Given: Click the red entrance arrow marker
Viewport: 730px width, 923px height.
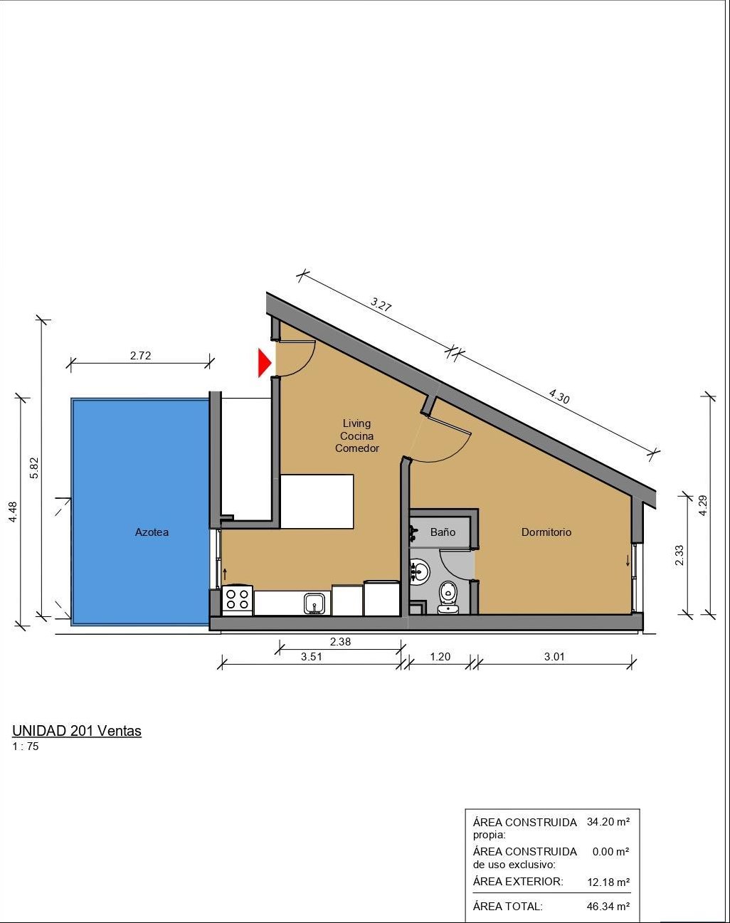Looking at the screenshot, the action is coord(264,363).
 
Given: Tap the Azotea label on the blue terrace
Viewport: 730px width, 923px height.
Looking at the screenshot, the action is coord(152,532).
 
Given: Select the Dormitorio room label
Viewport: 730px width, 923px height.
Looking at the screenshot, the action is coord(546,532).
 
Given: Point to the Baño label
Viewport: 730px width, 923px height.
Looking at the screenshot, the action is coord(443,532).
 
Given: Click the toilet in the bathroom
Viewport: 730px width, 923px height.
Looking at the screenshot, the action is coord(448,597).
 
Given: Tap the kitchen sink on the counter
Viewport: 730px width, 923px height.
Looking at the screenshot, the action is coord(314,604).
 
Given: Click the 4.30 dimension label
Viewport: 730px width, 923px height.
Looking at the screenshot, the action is coord(559,396).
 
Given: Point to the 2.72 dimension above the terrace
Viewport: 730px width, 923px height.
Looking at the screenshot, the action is coord(140,356).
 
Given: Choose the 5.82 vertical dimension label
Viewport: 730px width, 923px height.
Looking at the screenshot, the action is coord(34,468).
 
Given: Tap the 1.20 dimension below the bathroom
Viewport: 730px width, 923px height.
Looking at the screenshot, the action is coord(440,657).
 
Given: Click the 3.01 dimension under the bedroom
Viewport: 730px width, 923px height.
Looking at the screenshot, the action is coord(554,657).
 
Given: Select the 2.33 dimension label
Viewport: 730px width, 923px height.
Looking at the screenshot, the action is coord(679,555).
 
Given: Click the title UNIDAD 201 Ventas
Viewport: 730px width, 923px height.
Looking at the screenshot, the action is coord(77,731).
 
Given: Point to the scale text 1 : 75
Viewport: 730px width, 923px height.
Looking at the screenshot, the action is coord(26,747).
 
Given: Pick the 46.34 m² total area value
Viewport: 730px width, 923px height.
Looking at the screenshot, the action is coord(608,906).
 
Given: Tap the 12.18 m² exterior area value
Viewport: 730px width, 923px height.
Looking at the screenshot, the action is coord(608,882).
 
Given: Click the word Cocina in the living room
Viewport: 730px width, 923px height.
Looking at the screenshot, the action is coord(357,436).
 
